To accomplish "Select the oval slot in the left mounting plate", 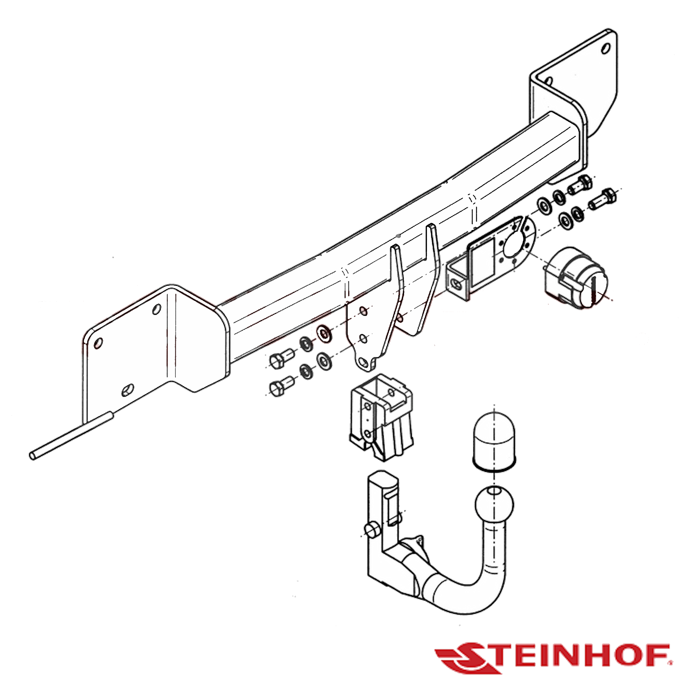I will [x=128, y=390].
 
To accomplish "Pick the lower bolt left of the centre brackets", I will [x=280, y=386].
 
